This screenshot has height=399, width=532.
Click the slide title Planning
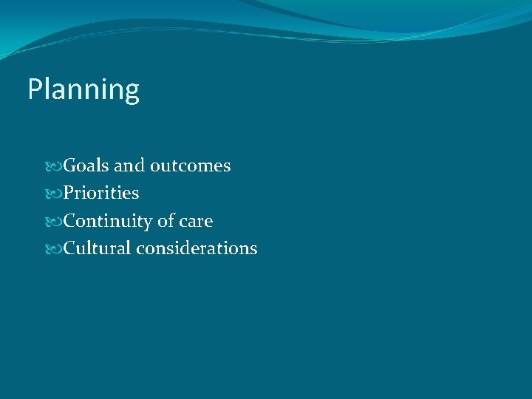click(83, 90)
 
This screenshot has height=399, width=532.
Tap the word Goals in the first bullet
click(85, 166)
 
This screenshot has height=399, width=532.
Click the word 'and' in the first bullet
click(129, 166)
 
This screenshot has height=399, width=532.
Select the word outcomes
click(191, 166)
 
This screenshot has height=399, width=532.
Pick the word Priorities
click(101, 194)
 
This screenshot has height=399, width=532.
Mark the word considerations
click(197, 248)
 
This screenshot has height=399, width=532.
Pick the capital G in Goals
click(71, 166)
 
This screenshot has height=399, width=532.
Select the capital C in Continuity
click(70, 221)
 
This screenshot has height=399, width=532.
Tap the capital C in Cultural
click(70, 248)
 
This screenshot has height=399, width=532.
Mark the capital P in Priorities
click(69, 194)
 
